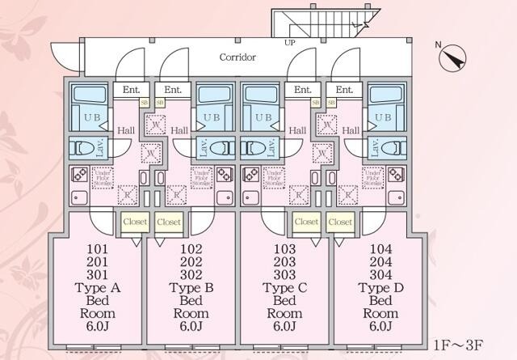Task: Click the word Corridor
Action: pos(237,57)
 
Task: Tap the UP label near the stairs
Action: pos(288,42)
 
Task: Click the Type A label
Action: pos(98,287)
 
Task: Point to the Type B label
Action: pos(191,287)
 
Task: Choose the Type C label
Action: pos(284,287)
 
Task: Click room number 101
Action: pos(98,248)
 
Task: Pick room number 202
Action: pos(191,261)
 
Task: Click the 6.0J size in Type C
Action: pos(284,327)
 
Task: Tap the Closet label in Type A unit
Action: pos(134,221)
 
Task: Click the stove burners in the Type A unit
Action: pos(79,175)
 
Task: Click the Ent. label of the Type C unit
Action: pos(303,90)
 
